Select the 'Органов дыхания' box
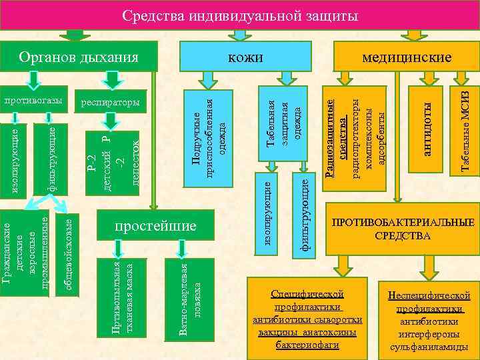click(78, 57)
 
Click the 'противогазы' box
click(33, 101)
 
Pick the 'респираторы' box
click(110, 103)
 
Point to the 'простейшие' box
click(156, 227)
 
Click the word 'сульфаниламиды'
click(433, 347)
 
